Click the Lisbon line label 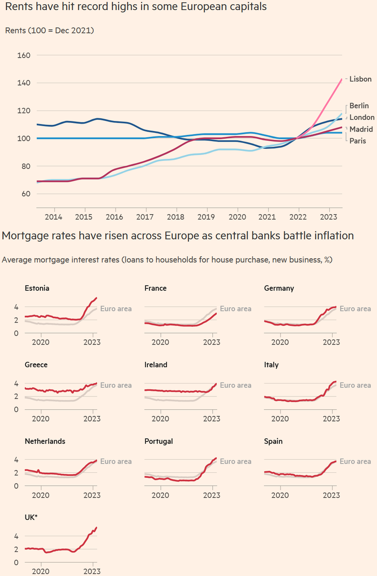pyautogui.click(x=360, y=79)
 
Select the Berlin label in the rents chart pyautogui.click(x=359, y=106)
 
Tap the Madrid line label pyautogui.click(x=361, y=130)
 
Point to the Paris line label pyautogui.click(x=358, y=141)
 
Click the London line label pyautogui.click(x=362, y=118)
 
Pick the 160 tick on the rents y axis pyautogui.click(x=24, y=55)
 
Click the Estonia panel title pyautogui.click(x=37, y=288)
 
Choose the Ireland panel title pyautogui.click(x=156, y=365)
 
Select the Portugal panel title pyautogui.click(x=158, y=441)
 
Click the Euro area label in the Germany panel pyautogui.click(x=355, y=309)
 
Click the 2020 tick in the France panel pyautogui.click(x=160, y=342)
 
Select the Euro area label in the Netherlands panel pyautogui.click(x=116, y=461)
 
